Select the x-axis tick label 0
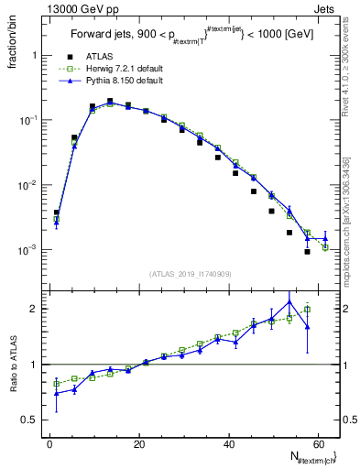click(49, 444)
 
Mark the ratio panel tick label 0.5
click(33, 420)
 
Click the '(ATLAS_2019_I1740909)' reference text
click(190, 273)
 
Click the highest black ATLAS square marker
click(110, 102)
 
